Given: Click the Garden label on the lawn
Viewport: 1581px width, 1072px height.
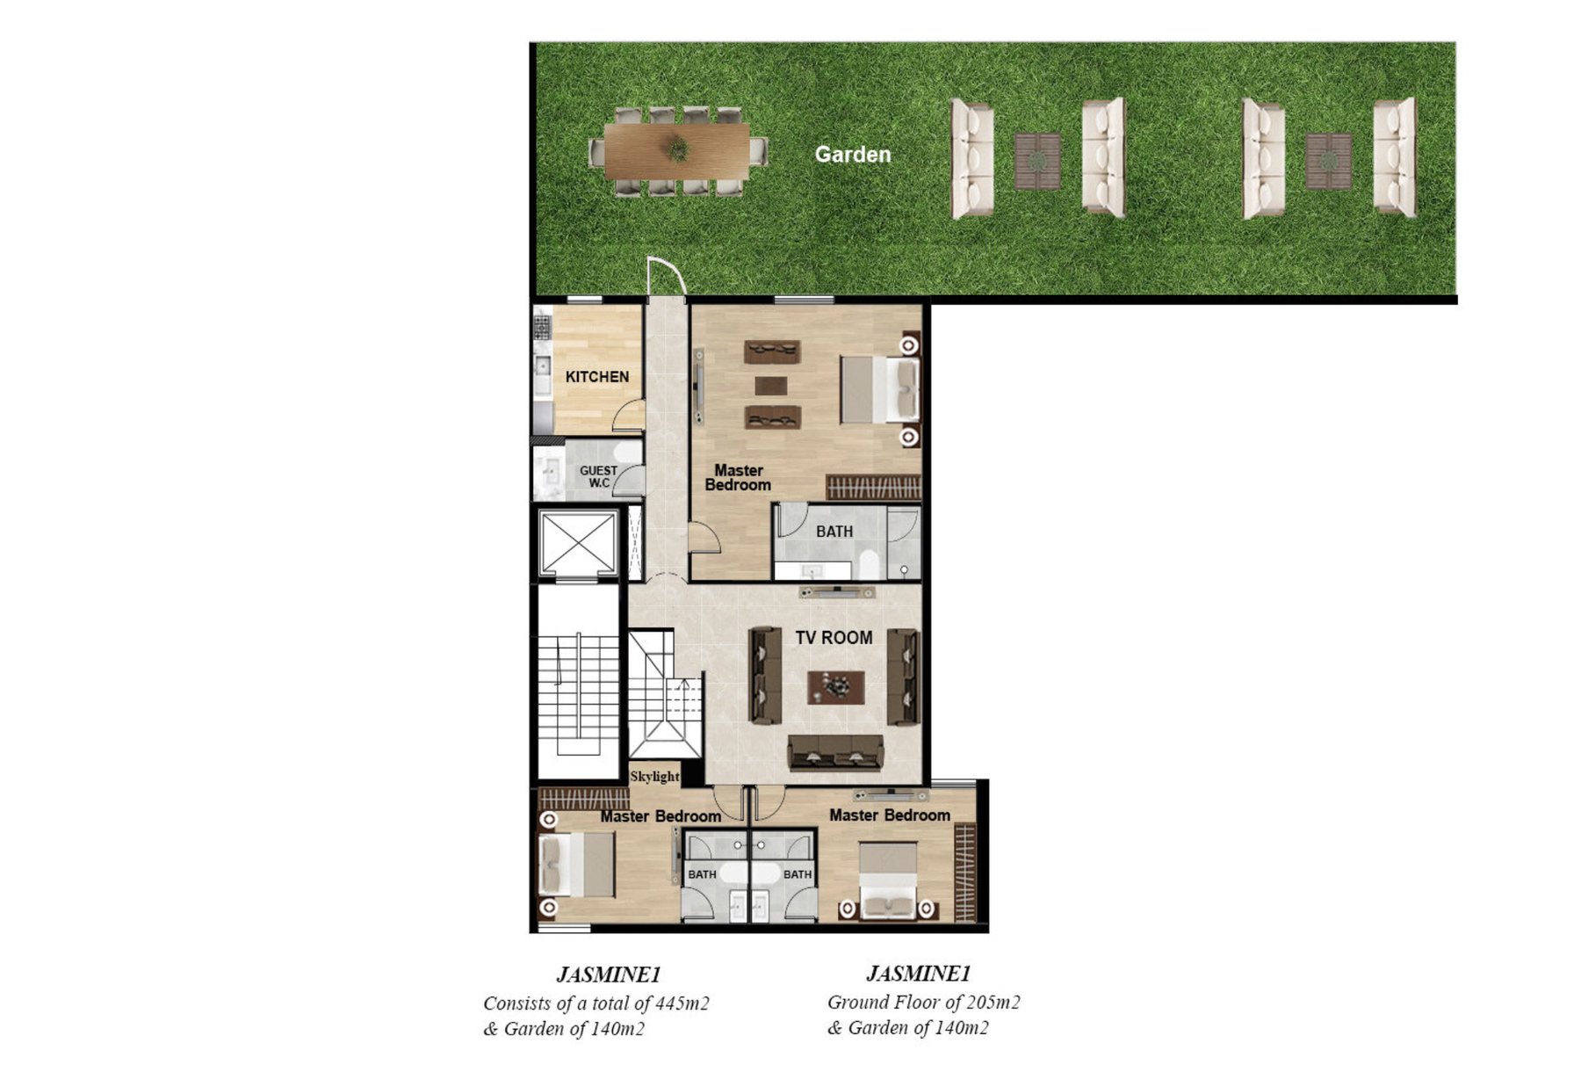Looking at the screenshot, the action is tap(852, 155).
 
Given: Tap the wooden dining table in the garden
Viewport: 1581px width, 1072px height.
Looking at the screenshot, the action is tap(676, 150).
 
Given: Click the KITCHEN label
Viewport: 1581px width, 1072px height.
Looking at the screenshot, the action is tap(597, 377).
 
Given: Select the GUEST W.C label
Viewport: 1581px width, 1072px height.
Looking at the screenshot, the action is tap(598, 476).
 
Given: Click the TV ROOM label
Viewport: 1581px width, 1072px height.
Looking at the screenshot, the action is tap(834, 638).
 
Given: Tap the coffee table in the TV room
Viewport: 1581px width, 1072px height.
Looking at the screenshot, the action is tap(835, 687).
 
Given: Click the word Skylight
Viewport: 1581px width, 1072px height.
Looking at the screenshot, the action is tap(654, 777).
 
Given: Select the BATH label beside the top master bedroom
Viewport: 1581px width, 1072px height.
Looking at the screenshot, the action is tap(834, 532).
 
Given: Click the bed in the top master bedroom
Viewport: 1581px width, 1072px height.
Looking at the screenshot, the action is tap(879, 389).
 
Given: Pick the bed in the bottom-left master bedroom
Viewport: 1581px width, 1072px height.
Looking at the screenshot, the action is tap(576, 865).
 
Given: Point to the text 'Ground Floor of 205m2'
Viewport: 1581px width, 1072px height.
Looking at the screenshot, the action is tap(923, 1002).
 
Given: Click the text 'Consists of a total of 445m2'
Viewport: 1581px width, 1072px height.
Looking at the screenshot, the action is tap(596, 1003).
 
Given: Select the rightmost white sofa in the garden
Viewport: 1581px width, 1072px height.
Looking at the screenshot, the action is tap(1394, 157).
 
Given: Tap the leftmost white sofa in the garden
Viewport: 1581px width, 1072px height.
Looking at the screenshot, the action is tap(972, 159).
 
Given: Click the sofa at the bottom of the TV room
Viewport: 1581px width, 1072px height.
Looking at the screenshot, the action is tap(835, 754).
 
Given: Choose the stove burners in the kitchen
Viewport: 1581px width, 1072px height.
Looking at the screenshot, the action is tap(542, 327).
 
